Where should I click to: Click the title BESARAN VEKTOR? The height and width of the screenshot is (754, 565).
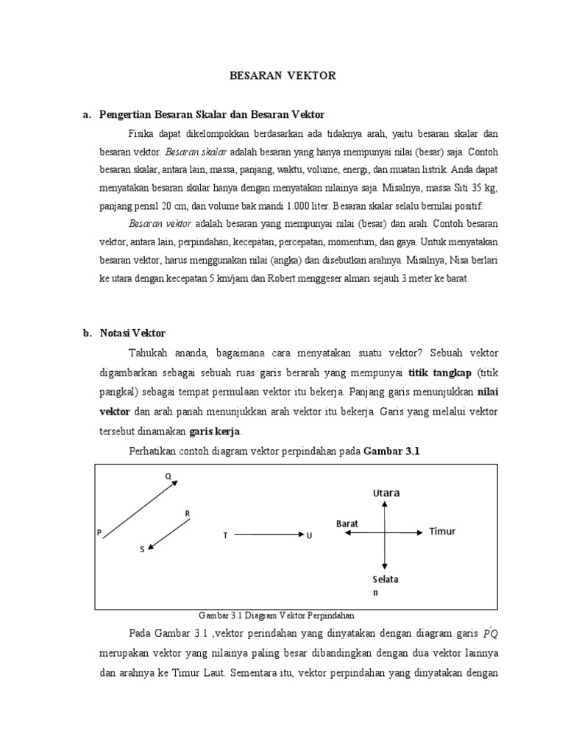tap(282, 76)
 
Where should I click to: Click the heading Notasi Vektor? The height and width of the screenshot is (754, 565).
tap(132, 333)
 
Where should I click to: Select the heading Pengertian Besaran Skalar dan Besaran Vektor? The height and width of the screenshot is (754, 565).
tap(212, 115)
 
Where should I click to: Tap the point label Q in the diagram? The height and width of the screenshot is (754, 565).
tap(168, 476)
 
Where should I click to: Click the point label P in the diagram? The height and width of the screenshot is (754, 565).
tap(99, 532)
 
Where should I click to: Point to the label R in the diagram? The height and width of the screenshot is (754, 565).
tap(188, 512)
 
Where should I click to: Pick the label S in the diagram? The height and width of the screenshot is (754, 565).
tap(142, 550)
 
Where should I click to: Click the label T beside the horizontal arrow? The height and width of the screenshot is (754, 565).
tap(225, 535)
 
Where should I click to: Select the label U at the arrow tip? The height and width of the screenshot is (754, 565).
tap(310, 535)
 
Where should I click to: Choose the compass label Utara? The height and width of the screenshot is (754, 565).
tap(385, 493)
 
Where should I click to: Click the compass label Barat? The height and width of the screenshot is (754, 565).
tap(347, 523)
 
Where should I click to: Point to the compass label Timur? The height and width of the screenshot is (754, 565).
tap(443, 532)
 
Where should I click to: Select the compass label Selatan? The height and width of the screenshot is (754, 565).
tap(385, 585)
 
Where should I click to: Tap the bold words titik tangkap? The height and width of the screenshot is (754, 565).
tap(438, 371)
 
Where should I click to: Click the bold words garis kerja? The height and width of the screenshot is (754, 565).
tap(216, 431)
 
